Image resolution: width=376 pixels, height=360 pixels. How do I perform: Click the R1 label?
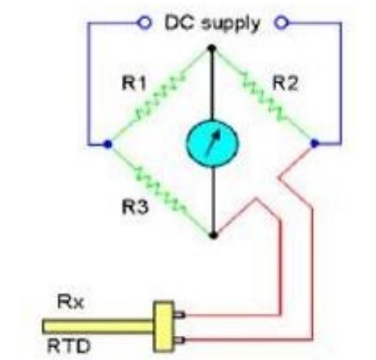pos(134,83)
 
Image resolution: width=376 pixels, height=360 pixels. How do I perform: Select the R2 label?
pos(285,83)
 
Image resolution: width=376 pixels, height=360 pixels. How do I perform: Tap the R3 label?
pos(135,207)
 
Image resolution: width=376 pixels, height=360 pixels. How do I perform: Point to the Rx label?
pos(70,301)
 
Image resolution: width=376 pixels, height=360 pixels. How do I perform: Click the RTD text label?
pos(68,346)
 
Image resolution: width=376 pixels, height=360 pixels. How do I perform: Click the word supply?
pos(230,24)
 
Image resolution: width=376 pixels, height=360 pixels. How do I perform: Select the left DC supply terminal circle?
pos(145,24)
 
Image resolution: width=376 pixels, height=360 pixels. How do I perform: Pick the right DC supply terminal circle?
pos(281,24)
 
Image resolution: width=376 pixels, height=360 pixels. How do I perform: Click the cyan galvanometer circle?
pos(212,144)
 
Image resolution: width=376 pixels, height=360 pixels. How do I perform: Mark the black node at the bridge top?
pos(212,48)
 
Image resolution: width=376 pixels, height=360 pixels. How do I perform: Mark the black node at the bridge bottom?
pos(214,235)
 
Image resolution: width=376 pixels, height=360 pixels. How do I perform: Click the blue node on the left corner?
pos(108,144)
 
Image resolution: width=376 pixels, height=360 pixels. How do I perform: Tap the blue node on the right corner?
pos(314,143)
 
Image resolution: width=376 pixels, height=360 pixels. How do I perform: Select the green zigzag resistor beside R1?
pos(159,97)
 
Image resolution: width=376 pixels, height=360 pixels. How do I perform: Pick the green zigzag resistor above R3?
pos(160,189)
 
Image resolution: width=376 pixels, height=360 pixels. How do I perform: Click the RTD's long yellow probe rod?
pos(98,326)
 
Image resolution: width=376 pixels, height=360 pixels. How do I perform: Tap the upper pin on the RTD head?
pos(179,314)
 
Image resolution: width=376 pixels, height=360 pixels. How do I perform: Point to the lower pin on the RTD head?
pos(179,340)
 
